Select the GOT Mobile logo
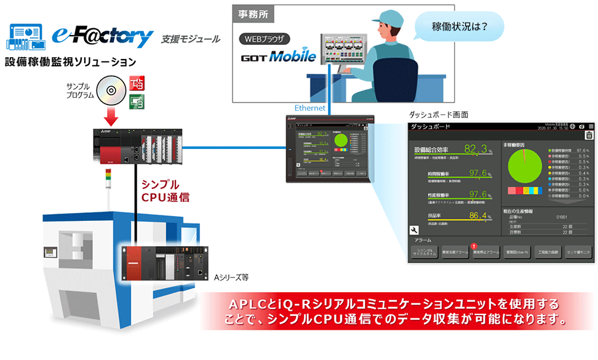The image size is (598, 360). tap(277, 57)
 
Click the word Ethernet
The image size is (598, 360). tap(310, 108)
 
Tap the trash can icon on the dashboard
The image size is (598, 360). tap(589, 136)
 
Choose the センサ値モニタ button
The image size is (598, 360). tap(578, 252)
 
